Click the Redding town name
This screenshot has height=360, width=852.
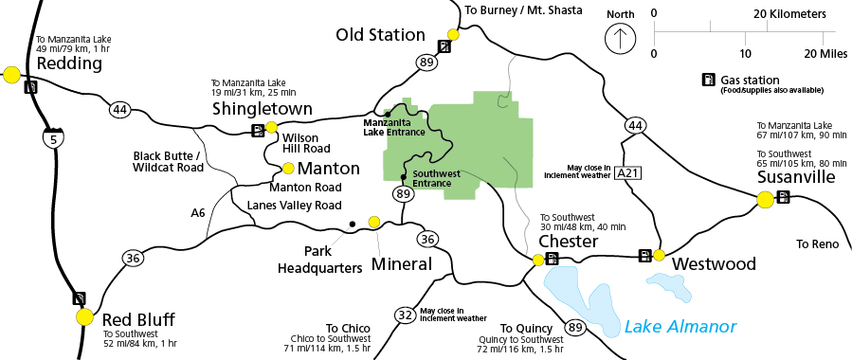click(x=68, y=63)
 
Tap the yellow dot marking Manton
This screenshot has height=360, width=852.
click(x=288, y=169)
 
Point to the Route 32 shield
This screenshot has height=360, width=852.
click(x=405, y=315)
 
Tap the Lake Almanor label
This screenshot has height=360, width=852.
click(x=680, y=327)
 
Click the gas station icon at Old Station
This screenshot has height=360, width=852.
click(x=444, y=46)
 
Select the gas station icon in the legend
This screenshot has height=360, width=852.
click(x=706, y=81)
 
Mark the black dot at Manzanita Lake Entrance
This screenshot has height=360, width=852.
click(x=387, y=114)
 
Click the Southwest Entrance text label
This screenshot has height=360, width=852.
click(x=437, y=178)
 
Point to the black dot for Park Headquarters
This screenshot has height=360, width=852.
click(x=352, y=225)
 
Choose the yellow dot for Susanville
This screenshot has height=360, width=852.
click(x=765, y=199)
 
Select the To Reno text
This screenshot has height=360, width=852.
click(x=817, y=243)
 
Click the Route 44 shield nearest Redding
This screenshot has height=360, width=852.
click(x=119, y=110)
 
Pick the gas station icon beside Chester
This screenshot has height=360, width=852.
click(x=553, y=258)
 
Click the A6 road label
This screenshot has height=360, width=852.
click(x=197, y=212)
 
